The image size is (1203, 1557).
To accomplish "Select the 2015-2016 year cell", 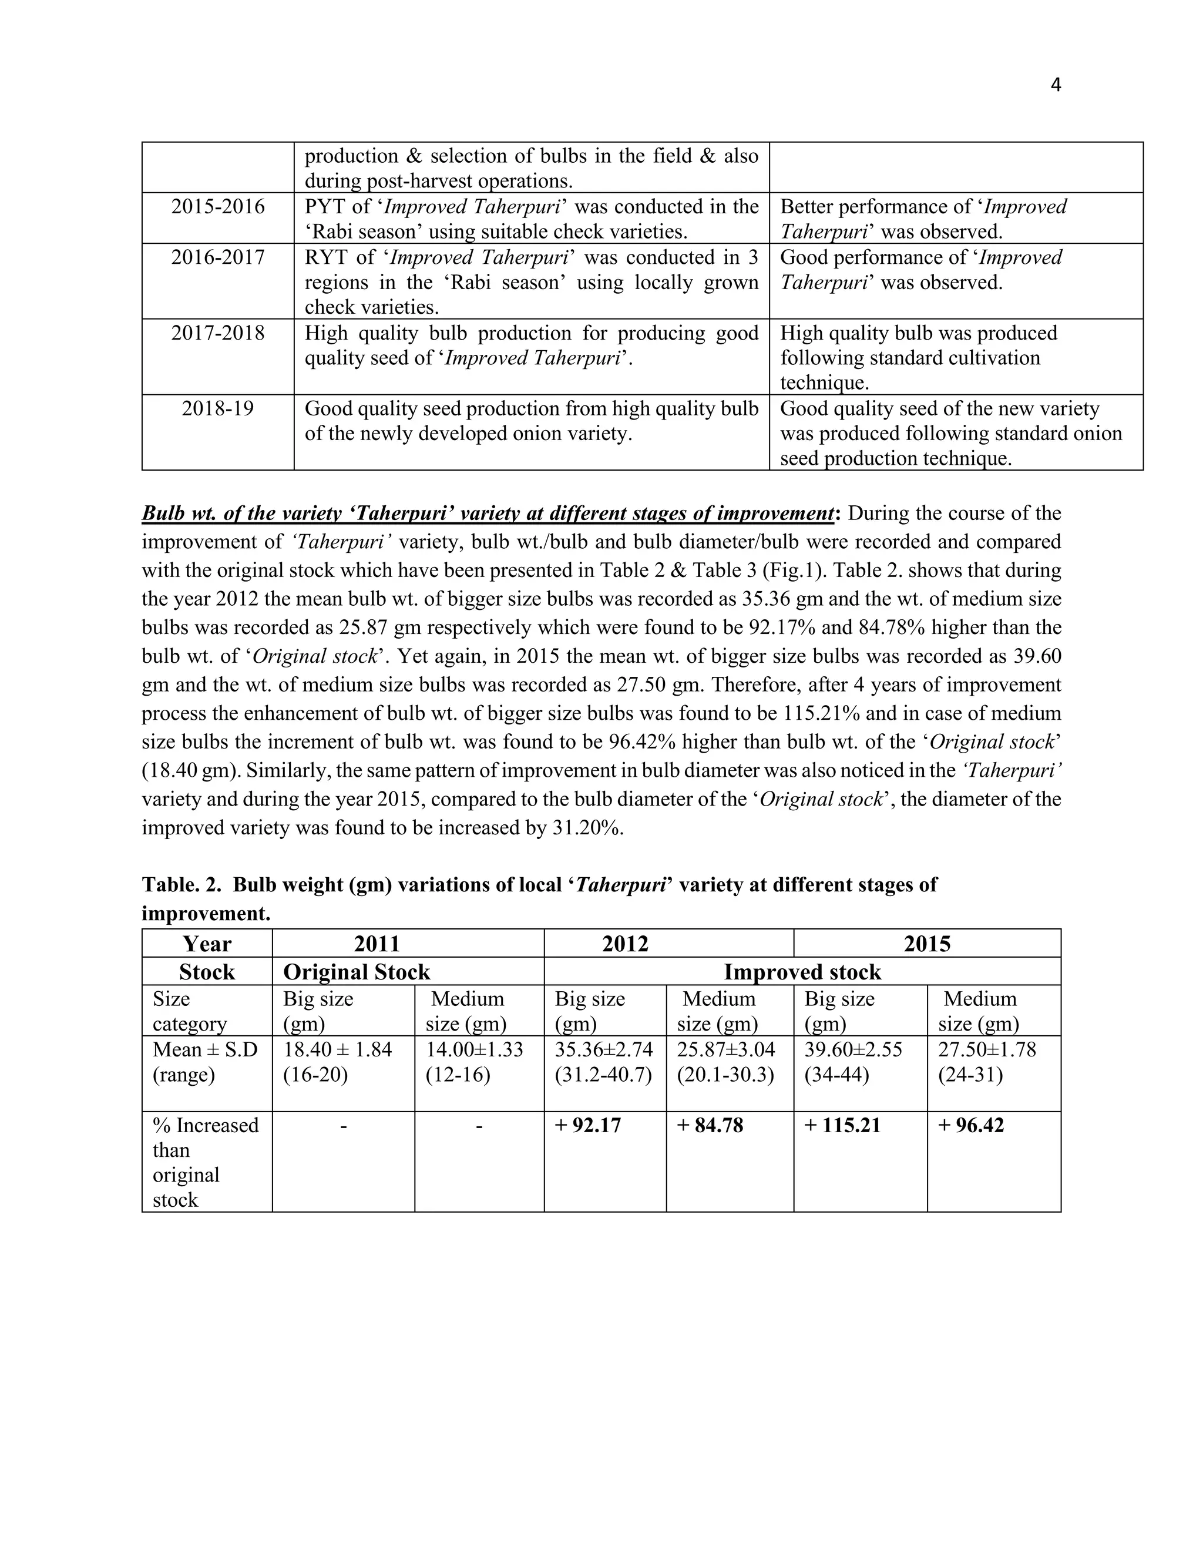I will tap(217, 207).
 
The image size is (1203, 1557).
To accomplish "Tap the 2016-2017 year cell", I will tap(217, 257).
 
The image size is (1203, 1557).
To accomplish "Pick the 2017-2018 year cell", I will tap(217, 333).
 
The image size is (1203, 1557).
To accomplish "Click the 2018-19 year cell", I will tap(217, 408).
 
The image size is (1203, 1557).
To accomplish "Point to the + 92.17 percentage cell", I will tap(588, 1125).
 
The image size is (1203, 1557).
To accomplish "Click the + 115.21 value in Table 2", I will tap(842, 1125).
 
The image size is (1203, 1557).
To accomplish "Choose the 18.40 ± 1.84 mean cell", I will tap(338, 1049).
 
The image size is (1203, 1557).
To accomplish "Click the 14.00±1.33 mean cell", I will tap(474, 1049).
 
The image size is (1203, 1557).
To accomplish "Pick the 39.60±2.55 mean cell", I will tap(853, 1049).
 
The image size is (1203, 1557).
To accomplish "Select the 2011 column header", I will tap(377, 944).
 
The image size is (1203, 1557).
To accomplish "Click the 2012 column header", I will tap(625, 944).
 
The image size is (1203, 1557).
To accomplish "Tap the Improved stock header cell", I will tap(802, 972).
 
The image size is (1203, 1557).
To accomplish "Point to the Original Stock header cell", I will tap(357, 972).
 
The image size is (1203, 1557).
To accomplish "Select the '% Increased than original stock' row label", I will tap(205, 1162).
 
